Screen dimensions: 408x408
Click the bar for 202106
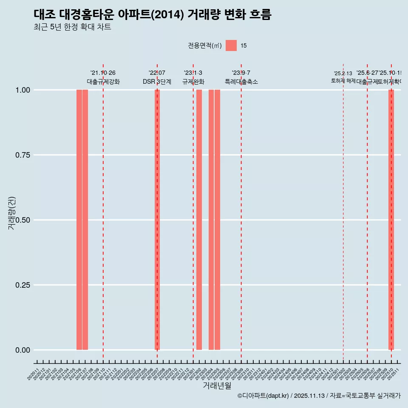pos(79,220)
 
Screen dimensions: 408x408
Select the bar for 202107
pos(85,220)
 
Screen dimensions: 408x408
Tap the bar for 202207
pos(157,220)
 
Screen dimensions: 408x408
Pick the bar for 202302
pos(199,220)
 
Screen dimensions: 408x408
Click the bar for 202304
pos(211,220)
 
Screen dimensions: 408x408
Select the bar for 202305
pos(217,220)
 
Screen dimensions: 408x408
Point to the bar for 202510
pos(391,220)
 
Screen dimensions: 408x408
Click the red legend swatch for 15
pos(231,45)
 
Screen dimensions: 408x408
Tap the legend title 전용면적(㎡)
pos(204,45)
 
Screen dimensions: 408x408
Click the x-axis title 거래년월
pos(217,385)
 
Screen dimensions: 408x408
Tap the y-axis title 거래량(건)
pos(11,213)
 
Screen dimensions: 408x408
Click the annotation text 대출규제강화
pos(103,82)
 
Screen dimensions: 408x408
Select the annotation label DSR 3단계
pos(157,82)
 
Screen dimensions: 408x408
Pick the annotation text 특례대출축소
pos(241,82)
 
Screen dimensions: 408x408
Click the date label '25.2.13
pos(343,74)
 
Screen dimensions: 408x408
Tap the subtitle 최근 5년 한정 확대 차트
pos(72,27)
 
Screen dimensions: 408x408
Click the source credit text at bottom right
pos(319,396)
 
